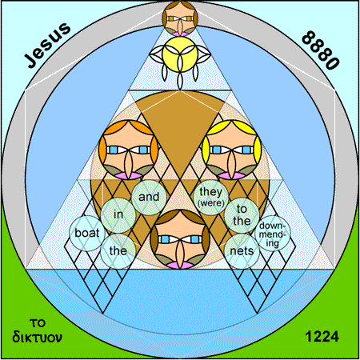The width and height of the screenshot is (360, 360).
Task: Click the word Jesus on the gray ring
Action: click(47, 45)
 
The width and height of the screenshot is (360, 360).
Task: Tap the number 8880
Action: click(321, 50)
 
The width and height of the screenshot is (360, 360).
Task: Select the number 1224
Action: click(322, 336)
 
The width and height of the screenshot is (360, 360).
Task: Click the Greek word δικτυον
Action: click(37, 337)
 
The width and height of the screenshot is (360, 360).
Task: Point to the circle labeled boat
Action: click(87, 234)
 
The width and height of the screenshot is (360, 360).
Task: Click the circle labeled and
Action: click(149, 198)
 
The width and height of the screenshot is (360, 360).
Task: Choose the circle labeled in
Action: click(118, 215)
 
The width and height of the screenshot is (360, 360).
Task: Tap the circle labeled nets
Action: click(242, 251)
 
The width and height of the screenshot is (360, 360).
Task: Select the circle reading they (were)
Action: click(211, 198)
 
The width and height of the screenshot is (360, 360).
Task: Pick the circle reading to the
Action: click(242, 215)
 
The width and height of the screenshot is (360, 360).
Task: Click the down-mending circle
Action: click(273, 234)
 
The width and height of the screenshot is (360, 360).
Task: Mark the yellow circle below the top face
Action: click(180, 54)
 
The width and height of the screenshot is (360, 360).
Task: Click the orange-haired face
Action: click(129, 150)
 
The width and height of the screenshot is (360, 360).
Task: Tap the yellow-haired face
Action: click(232, 150)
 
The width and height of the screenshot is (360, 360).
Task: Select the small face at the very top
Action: click(180, 18)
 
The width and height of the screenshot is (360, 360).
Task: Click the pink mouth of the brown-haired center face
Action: click(180, 265)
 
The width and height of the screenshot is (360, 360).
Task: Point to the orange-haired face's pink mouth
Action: click(129, 176)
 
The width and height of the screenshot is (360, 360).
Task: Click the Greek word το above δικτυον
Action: click(38, 323)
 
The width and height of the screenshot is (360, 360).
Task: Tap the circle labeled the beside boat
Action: click(118, 251)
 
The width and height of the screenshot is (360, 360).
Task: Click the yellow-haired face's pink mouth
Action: click(232, 176)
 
